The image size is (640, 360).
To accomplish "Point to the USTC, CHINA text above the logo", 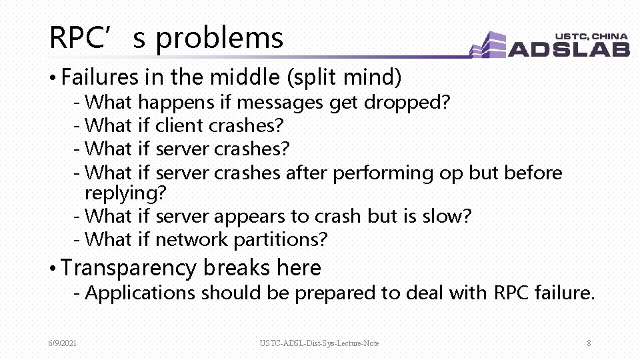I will click(591, 35).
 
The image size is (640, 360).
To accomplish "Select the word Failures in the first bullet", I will click(99, 78).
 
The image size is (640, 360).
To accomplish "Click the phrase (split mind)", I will click(343, 78).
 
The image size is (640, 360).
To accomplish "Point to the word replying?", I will click(125, 193).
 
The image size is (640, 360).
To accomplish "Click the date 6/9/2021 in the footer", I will click(62, 343).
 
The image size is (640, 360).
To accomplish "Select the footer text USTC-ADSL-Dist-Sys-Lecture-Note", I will click(319, 343).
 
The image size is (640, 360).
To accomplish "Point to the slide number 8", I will click(589, 343).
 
